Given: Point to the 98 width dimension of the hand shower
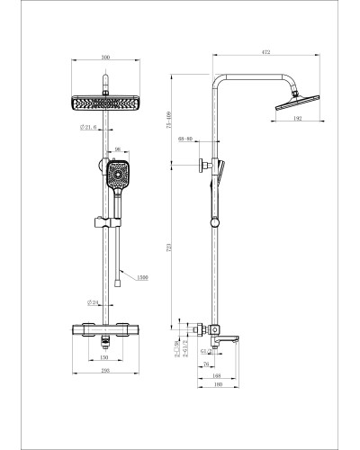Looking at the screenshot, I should tap(117, 150).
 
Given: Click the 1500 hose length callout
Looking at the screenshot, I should tap(142, 276).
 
